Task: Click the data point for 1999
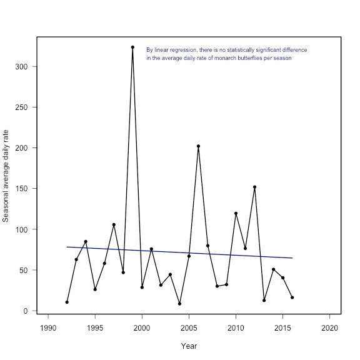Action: (x=132, y=47)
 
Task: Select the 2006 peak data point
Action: (x=198, y=146)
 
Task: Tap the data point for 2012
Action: (x=254, y=187)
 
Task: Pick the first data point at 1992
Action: (x=67, y=302)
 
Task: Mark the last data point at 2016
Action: (x=292, y=297)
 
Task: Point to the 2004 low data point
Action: (x=179, y=304)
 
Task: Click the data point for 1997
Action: (x=114, y=224)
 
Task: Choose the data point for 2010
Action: (x=236, y=213)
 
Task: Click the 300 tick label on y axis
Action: (x=21, y=67)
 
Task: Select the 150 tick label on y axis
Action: (x=21, y=189)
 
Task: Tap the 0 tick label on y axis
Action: (x=26, y=311)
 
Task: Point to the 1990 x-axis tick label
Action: (x=48, y=328)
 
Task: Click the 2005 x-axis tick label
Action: (x=189, y=328)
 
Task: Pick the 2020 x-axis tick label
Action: (x=330, y=328)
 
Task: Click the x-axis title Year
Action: (x=189, y=346)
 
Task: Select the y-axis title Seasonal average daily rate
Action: (x=6, y=176)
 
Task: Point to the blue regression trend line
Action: (x=179, y=252)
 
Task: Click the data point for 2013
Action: (x=264, y=300)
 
